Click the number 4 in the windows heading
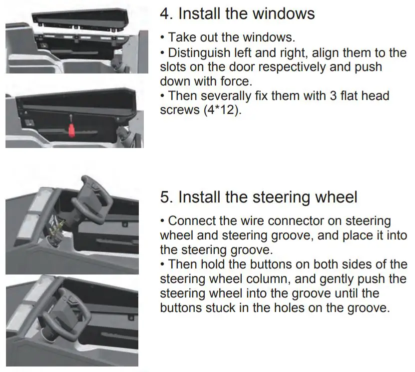(165, 13)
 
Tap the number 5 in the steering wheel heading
(165, 197)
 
